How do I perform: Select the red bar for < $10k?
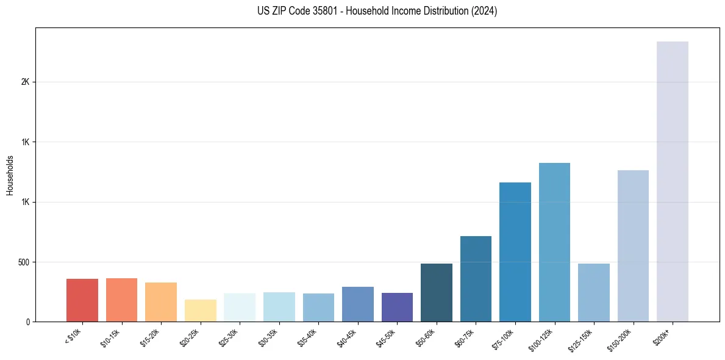coord(82,300)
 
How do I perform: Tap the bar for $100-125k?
coord(554,242)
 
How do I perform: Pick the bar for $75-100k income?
coord(515,252)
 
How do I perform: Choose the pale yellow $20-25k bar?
coord(200,311)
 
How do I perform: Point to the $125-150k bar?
coord(593,292)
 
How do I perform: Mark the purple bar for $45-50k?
coord(397,307)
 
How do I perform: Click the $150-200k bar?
coord(633,246)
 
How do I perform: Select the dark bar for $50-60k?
coord(436,292)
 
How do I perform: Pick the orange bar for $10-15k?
coord(121,300)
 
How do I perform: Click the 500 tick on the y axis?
coord(24,262)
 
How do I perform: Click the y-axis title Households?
coord(10,175)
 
